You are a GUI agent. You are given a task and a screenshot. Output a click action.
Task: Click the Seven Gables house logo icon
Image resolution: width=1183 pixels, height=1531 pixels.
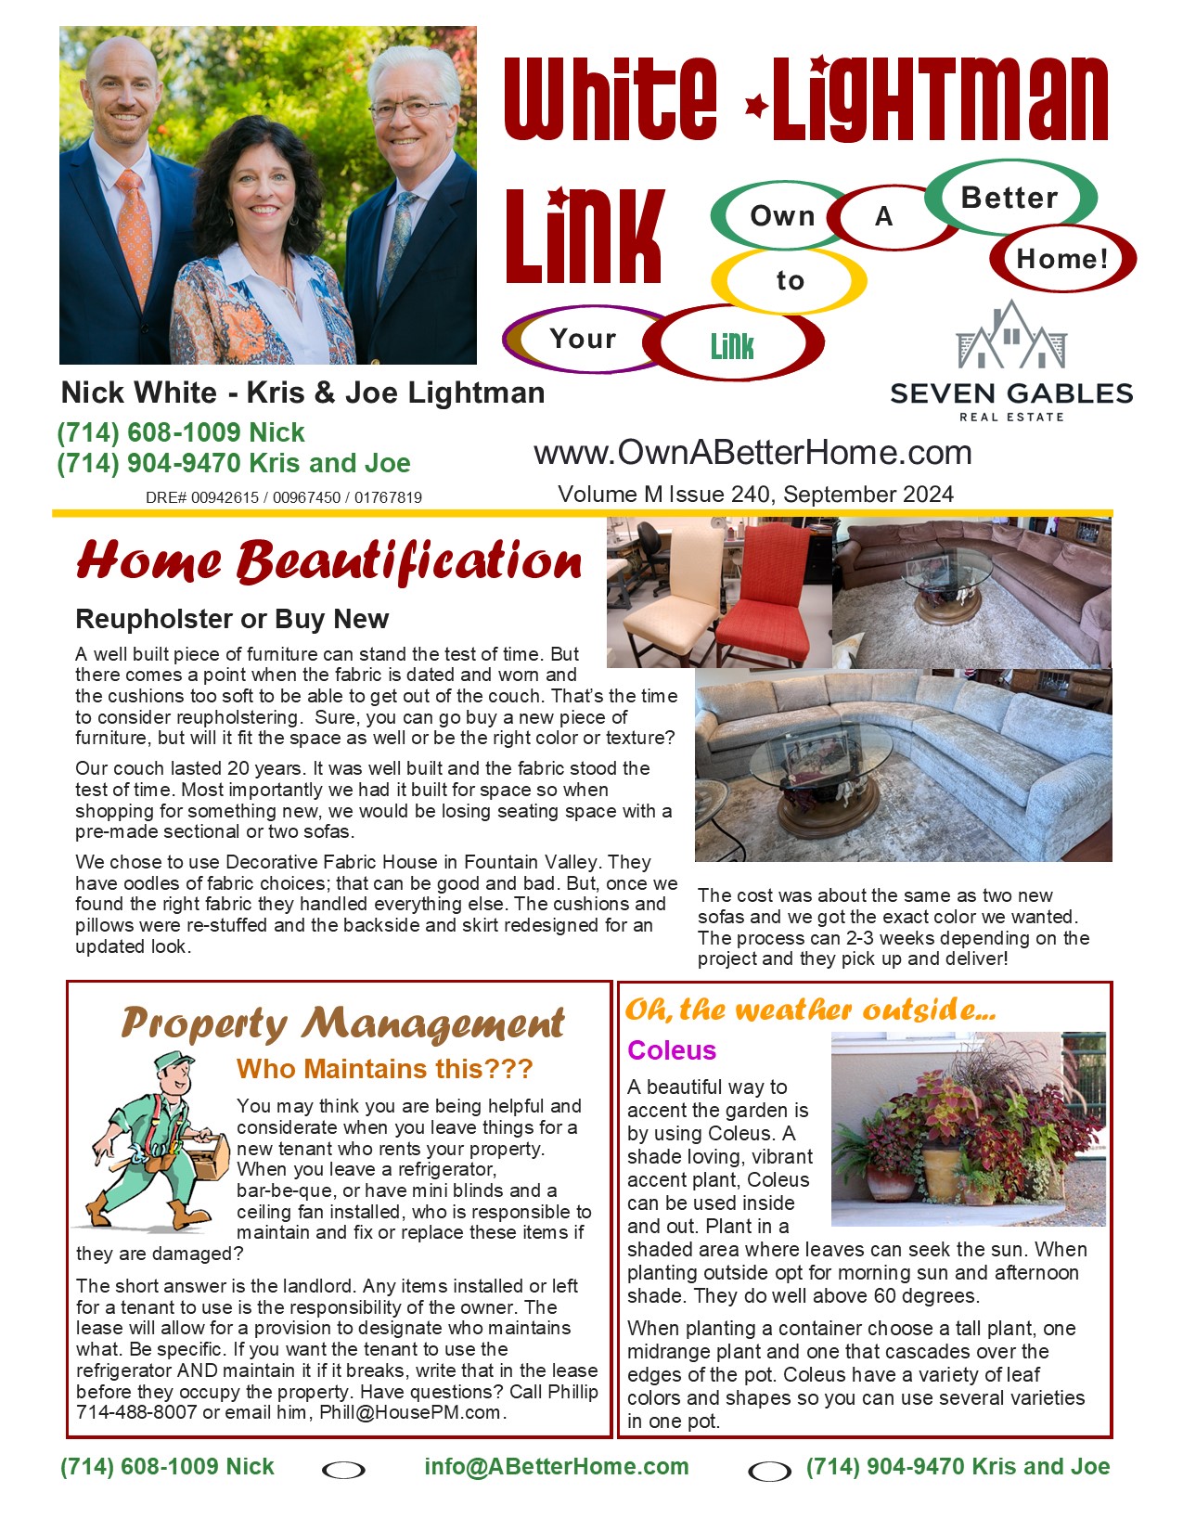point(1011,336)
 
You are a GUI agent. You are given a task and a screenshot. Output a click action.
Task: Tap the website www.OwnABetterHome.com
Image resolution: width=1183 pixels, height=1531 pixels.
point(752,453)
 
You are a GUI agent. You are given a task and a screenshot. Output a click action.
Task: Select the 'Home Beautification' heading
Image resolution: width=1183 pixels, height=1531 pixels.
point(329,562)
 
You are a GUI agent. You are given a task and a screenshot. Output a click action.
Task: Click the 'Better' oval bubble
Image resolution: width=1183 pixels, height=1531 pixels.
point(1009,198)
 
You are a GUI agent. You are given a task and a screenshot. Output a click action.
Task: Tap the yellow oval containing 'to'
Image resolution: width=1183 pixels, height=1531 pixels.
point(790,280)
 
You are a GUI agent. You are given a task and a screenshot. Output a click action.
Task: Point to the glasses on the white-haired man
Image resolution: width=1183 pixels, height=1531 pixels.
point(410,109)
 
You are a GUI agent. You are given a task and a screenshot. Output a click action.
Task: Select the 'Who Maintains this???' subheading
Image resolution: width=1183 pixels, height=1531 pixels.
point(385,1069)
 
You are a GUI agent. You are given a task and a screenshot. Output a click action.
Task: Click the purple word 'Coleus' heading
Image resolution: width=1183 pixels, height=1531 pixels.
point(672,1050)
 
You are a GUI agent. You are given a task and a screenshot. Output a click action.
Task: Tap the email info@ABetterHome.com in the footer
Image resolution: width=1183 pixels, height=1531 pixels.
point(557,1466)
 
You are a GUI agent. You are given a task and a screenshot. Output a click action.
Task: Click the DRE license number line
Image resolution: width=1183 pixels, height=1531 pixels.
point(283,497)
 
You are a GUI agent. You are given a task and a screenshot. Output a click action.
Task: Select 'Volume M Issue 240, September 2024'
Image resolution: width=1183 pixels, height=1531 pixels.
point(755,495)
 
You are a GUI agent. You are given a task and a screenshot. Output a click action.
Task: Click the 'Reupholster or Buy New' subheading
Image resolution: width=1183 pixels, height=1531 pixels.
point(232,619)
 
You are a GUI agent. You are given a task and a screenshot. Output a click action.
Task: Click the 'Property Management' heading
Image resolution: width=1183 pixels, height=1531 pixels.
point(342,1023)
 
